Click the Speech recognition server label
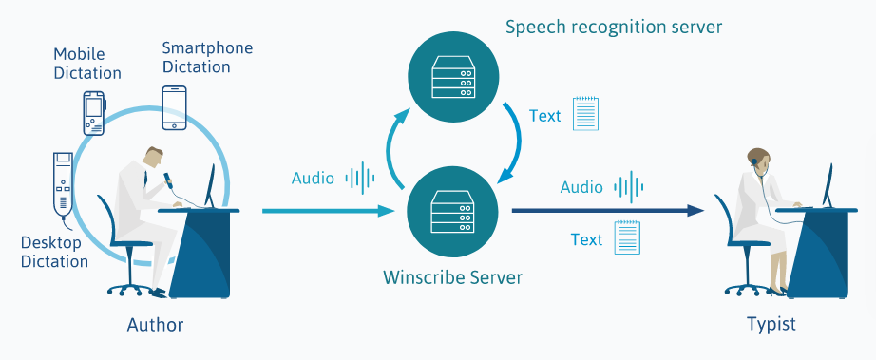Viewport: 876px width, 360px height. (x=614, y=27)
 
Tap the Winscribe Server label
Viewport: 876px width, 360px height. (x=453, y=277)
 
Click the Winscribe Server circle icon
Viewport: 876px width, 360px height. (x=453, y=210)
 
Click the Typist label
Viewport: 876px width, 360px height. (x=771, y=325)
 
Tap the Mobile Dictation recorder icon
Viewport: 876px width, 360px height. (x=93, y=113)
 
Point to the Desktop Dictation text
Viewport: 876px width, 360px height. (x=54, y=252)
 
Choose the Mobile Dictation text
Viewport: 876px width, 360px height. (x=86, y=64)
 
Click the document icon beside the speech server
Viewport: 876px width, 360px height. (x=585, y=114)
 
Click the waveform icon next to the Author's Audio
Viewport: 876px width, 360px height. (x=360, y=178)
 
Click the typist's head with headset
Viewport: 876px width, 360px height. (x=757, y=160)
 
